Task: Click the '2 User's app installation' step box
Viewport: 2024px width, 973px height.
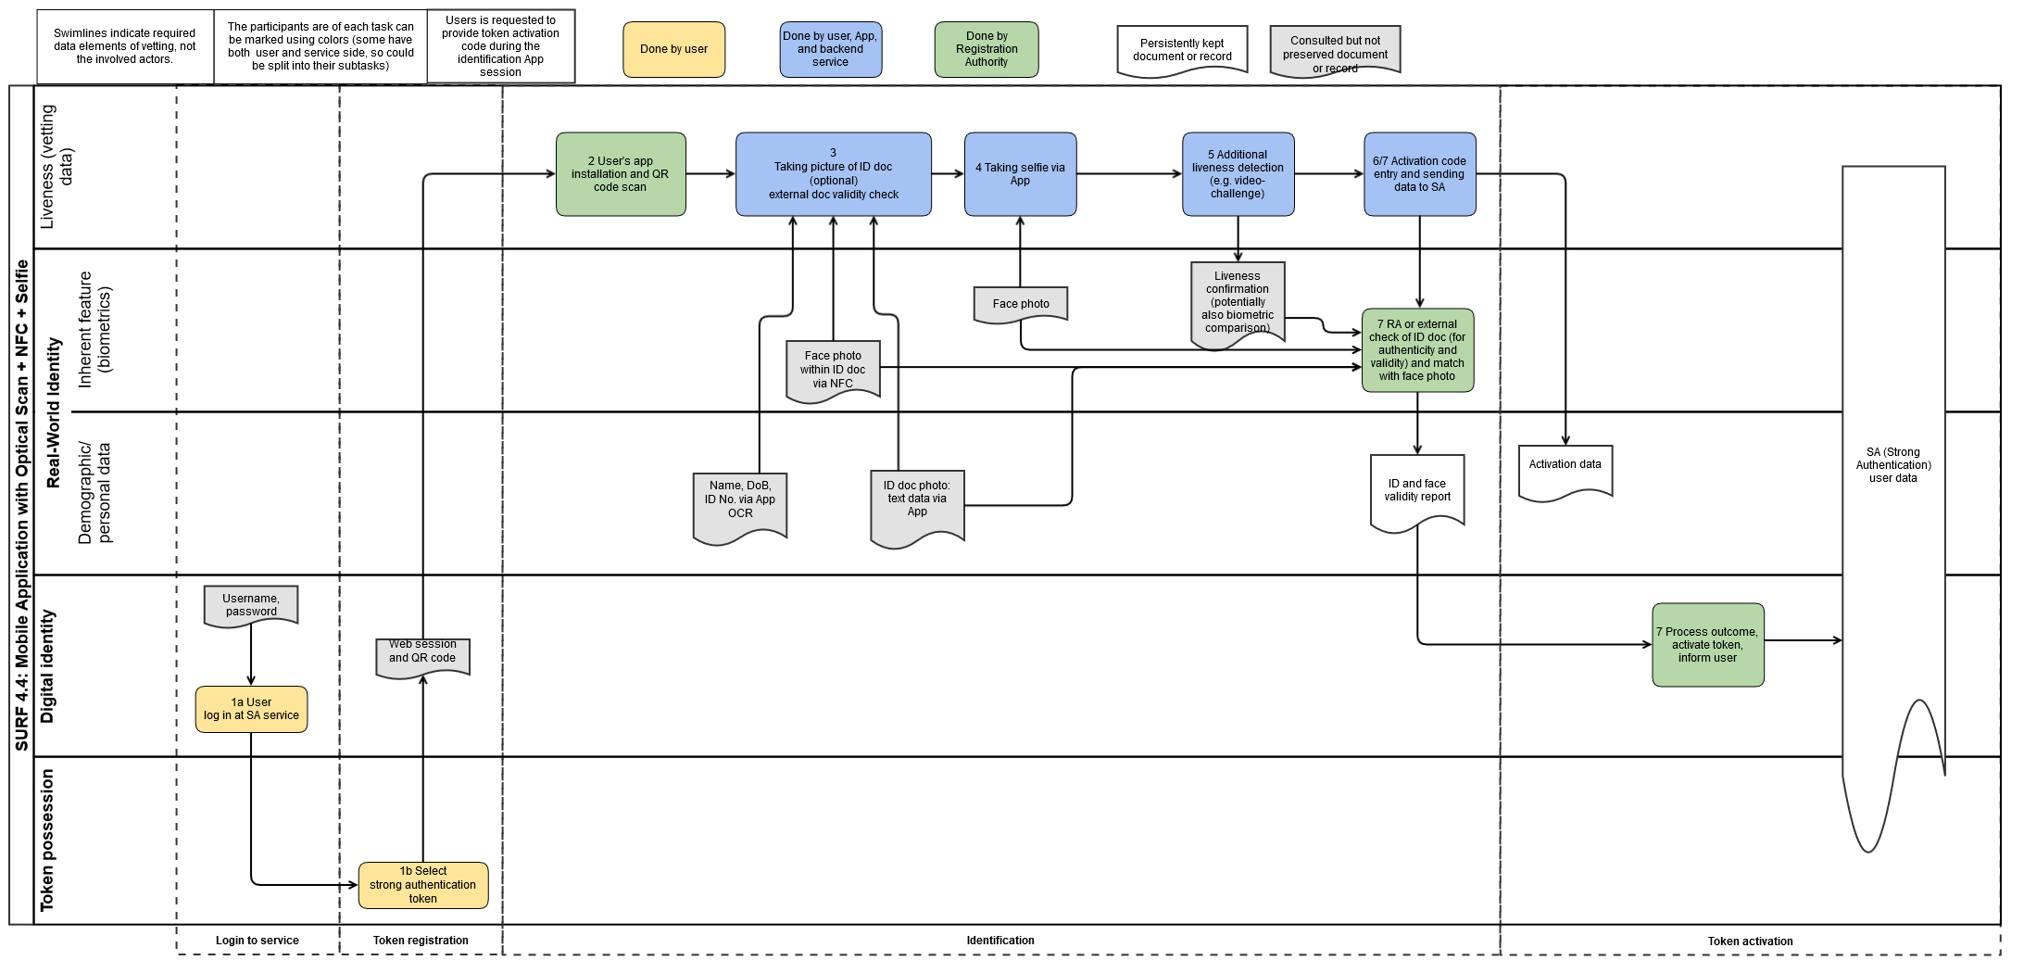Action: click(x=621, y=174)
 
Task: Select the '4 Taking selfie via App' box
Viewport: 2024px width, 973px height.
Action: click(x=1020, y=174)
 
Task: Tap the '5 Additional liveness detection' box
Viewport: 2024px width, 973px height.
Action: click(x=1238, y=174)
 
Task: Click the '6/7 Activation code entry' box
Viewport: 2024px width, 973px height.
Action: click(x=1419, y=174)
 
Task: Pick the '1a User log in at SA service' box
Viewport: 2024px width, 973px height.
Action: click(x=251, y=709)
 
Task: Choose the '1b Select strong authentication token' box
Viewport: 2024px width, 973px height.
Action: click(x=422, y=885)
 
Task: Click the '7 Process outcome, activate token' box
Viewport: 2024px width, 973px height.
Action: click(x=1707, y=645)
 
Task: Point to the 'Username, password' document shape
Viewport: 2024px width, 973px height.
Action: click(x=251, y=605)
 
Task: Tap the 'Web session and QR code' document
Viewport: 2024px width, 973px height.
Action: click(x=422, y=656)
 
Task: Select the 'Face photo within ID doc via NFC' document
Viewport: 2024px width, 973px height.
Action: click(x=833, y=370)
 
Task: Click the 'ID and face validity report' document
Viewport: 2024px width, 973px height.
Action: click(x=1416, y=490)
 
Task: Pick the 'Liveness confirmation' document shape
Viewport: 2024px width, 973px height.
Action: click(x=1238, y=302)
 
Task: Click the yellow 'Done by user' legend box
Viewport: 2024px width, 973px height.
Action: click(x=673, y=49)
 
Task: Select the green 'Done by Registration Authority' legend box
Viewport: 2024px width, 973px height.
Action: click(x=986, y=49)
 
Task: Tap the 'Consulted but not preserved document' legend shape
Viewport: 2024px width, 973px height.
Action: click(x=1335, y=51)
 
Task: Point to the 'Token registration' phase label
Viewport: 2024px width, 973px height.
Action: click(x=421, y=941)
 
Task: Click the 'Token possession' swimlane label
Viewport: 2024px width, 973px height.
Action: click(x=47, y=840)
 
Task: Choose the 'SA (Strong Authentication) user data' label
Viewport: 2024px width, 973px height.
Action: click(x=1892, y=465)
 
